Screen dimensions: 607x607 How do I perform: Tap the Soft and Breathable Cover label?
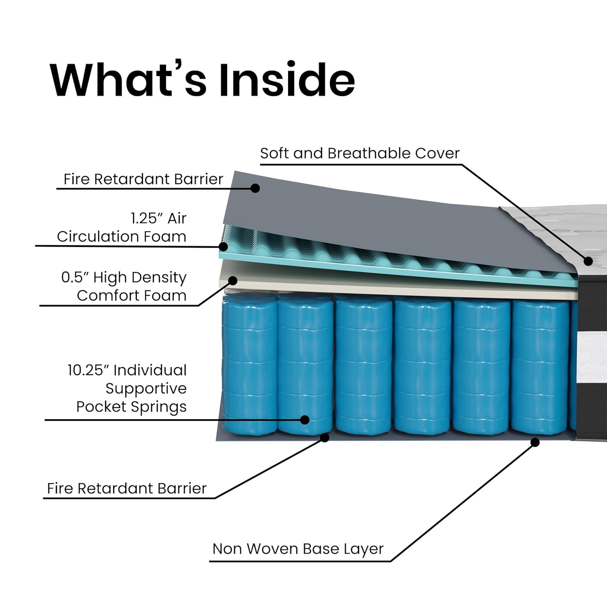359,153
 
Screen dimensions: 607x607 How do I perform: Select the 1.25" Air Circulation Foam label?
121,227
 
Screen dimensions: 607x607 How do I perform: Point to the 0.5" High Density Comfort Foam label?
124,286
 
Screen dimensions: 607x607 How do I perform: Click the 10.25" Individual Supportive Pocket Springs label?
127,388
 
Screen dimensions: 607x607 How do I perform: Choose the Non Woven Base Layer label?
298,549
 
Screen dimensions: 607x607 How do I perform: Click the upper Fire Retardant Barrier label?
143,179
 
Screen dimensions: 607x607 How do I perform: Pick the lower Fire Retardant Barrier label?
127,488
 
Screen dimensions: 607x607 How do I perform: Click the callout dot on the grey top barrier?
255,188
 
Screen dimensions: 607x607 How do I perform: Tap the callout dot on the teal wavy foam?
223,246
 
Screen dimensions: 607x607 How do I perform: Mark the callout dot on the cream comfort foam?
233,280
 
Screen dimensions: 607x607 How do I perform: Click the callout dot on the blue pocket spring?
305,420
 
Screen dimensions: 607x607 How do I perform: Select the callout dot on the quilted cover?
588,261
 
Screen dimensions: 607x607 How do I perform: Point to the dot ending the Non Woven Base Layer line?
535,442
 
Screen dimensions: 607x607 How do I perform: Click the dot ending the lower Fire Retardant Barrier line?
325,437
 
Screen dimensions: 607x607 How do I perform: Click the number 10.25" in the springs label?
89,370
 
